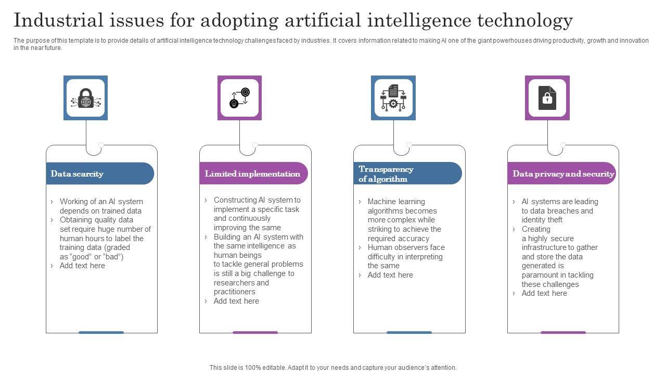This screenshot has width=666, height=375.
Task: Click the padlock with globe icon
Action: (x=86, y=98)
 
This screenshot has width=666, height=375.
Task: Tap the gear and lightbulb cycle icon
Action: (x=239, y=98)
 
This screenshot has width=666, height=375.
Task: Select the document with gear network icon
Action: (x=393, y=98)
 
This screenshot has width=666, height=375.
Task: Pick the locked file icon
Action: (x=547, y=98)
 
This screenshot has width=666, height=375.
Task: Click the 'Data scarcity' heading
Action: (x=77, y=174)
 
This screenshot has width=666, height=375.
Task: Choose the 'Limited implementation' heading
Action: (x=252, y=174)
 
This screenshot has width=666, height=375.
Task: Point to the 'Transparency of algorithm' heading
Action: (x=386, y=174)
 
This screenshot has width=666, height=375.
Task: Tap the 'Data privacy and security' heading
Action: (x=563, y=174)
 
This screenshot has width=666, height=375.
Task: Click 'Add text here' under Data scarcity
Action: (x=82, y=266)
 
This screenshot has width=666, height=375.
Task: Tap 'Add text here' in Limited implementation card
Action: (x=236, y=301)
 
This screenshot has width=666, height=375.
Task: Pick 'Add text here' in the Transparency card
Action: (x=390, y=275)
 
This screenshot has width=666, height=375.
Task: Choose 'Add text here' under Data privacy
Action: (x=544, y=293)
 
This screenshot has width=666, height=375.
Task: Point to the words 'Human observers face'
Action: (x=406, y=247)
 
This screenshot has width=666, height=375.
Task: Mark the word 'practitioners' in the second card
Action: (x=235, y=292)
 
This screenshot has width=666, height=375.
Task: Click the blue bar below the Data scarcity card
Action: (x=101, y=332)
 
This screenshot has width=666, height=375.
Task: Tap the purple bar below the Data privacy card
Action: (x=563, y=332)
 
